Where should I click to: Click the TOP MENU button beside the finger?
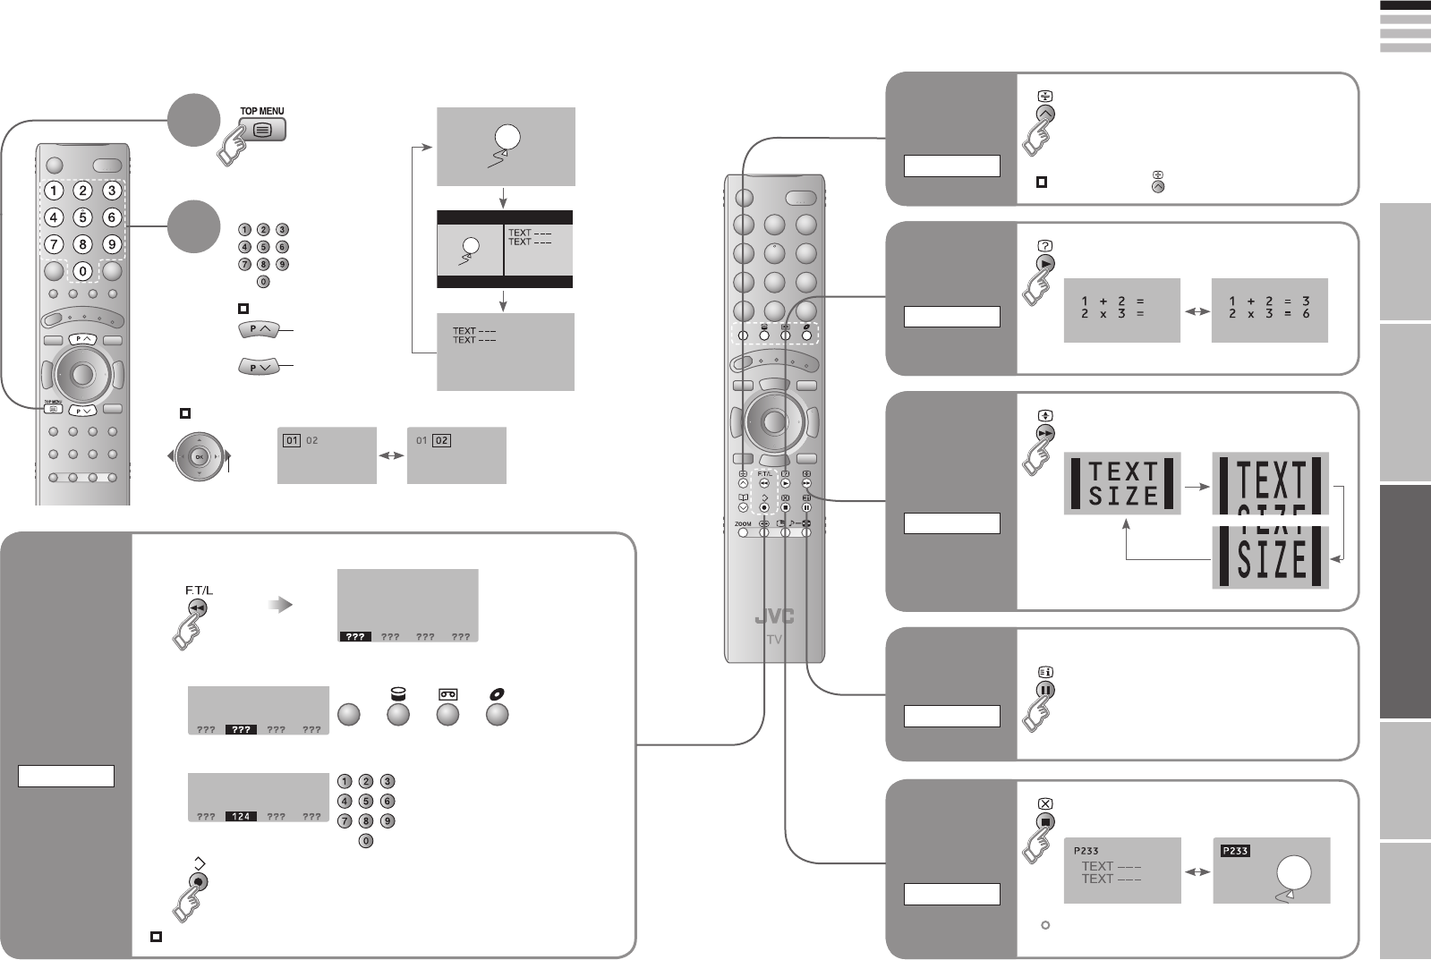262,129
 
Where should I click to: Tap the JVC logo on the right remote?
773,617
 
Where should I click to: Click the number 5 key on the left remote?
82,217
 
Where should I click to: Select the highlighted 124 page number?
241,816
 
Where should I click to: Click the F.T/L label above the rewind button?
199,590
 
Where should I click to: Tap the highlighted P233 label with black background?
1235,851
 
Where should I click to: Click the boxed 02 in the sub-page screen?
441,440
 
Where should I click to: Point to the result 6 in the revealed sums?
1306,314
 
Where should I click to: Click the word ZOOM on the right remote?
743,523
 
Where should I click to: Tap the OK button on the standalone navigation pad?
199,456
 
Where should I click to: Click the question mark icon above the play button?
1045,245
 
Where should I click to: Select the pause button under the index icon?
1045,690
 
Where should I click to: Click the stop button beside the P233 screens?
1045,821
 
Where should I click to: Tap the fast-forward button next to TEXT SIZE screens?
1045,433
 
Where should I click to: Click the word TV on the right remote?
774,640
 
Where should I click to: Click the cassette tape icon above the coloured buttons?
447,694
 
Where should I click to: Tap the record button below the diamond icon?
199,881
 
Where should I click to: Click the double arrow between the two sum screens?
1196,311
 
